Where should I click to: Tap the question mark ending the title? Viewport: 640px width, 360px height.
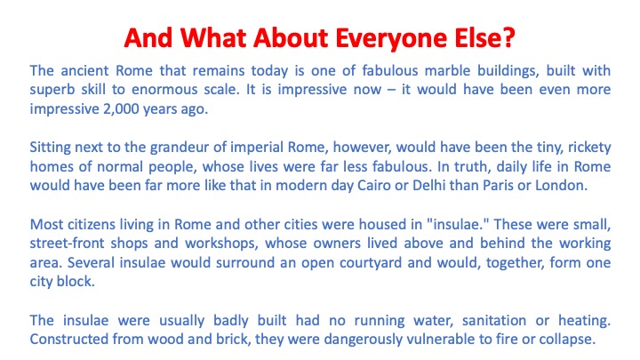point(508,37)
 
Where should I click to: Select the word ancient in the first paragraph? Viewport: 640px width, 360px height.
point(84,70)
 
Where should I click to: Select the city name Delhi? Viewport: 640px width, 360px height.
point(428,186)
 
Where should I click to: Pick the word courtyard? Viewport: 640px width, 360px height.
point(371,263)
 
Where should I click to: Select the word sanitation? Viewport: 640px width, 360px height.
point(494,321)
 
